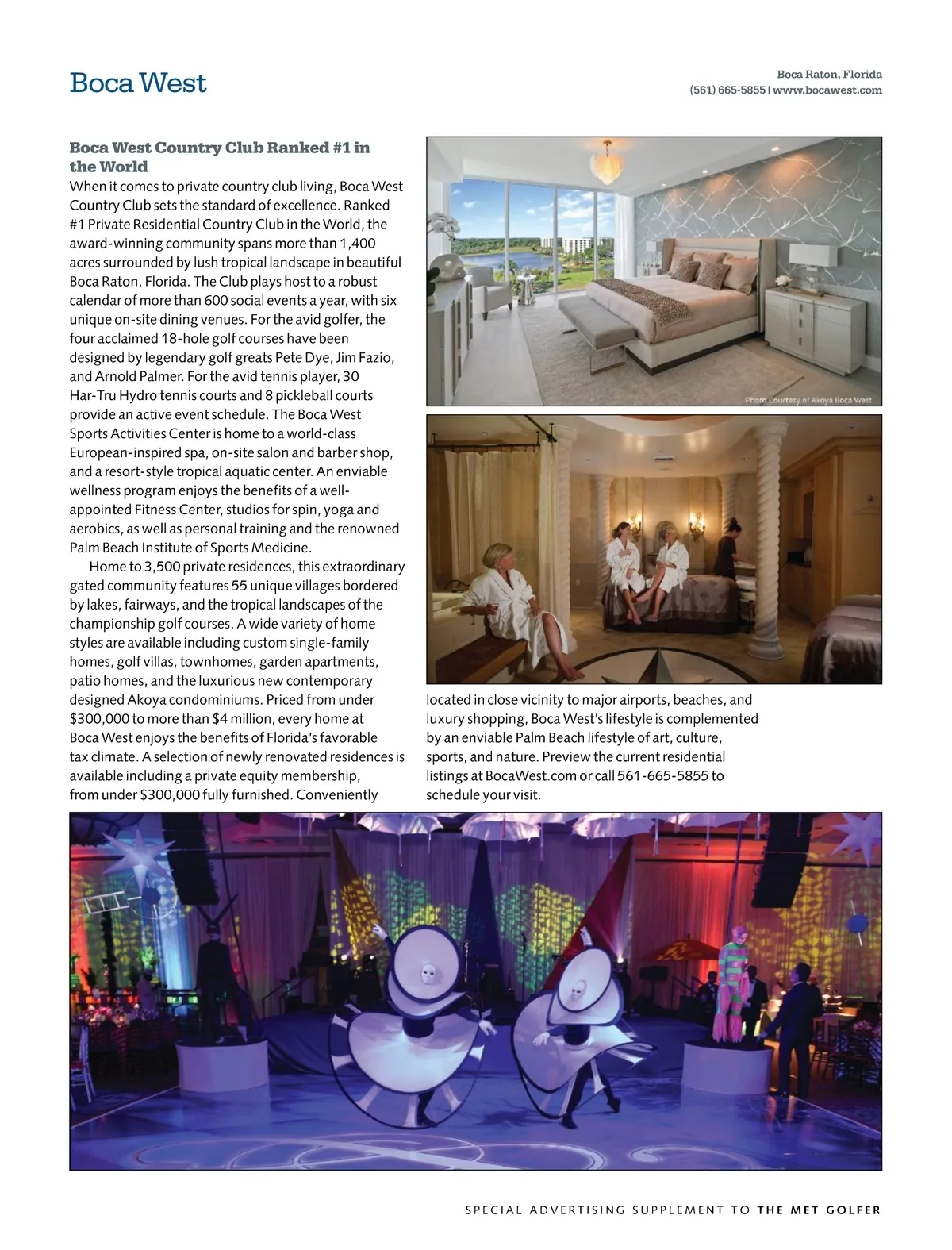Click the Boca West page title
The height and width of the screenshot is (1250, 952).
point(138,83)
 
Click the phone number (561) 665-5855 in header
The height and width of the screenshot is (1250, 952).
point(727,90)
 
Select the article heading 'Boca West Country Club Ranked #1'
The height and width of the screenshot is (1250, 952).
point(219,156)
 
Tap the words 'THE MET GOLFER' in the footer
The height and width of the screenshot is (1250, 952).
point(819,1210)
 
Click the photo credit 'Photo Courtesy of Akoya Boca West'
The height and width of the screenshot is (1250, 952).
point(808,400)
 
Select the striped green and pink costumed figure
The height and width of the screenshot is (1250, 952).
point(735,982)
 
